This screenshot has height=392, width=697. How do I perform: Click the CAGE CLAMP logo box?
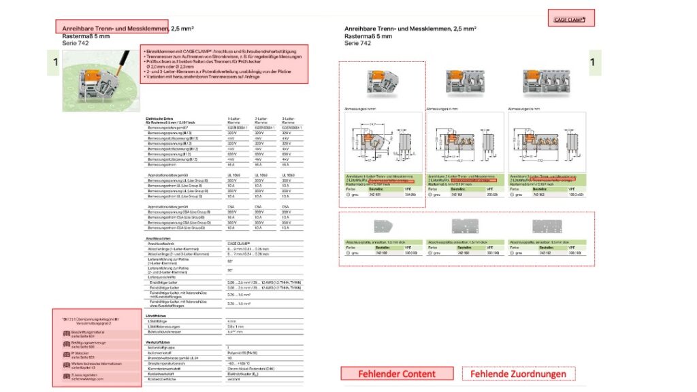[x=574, y=20]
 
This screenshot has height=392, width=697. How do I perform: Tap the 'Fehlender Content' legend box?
[x=397, y=373]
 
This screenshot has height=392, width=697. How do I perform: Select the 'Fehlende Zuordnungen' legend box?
[x=519, y=373]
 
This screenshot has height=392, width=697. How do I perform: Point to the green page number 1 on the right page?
[x=593, y=63]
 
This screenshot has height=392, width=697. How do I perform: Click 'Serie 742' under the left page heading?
[x=76, y=44]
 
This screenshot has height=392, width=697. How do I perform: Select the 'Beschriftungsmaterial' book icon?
[x=67, y=333]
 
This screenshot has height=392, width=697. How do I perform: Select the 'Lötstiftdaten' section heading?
[x=156, y=316]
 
